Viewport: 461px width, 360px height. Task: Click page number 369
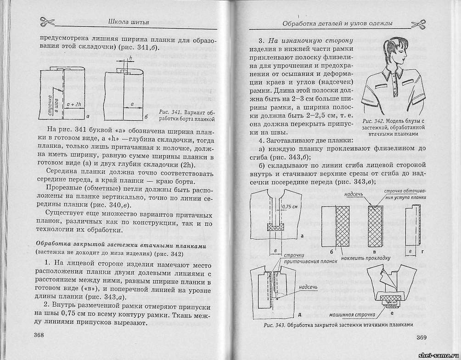tap(422, 337)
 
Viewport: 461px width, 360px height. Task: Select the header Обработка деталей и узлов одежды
tap(337, 23)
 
